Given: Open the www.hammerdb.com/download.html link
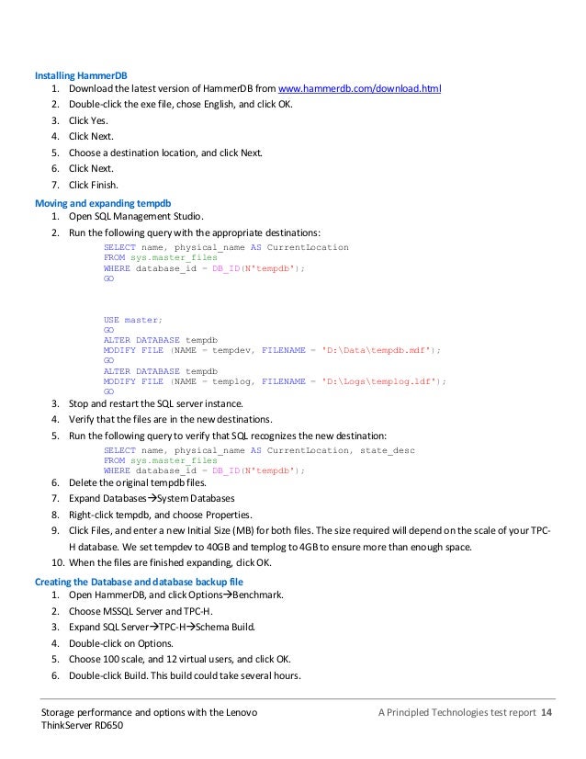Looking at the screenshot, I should coord(360,89).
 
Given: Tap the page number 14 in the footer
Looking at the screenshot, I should coord(547,714).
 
